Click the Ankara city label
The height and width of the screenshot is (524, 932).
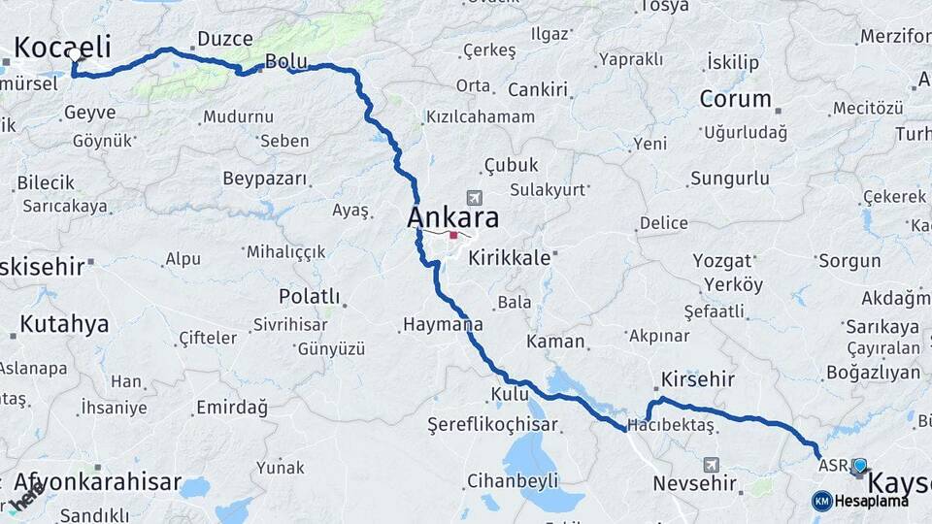coord(452,217)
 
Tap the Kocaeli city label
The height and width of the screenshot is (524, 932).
coord(62,47)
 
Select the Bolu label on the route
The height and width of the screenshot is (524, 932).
coord(286,61)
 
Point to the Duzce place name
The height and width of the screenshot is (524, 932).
coord(224,39)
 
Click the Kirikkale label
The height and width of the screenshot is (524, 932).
coord(510,258)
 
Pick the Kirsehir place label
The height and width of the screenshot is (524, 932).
coord(697,378)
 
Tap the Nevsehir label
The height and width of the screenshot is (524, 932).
coord(694,482)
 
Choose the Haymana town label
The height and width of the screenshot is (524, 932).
coord(442,324)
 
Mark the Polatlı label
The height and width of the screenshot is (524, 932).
coord(309,295)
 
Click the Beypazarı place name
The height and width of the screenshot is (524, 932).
coord(265,179)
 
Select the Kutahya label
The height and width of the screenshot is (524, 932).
coord(64,324)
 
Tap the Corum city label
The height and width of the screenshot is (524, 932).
coord(735,99)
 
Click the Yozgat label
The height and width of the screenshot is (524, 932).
coord(722,260)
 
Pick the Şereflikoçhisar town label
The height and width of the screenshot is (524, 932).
coord(493,425)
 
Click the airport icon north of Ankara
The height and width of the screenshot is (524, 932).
coord(474,196)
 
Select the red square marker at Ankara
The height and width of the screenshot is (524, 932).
coord(453,235)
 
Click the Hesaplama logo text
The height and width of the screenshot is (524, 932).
coord(869,501)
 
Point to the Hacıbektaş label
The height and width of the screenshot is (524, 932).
coord(671,425)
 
